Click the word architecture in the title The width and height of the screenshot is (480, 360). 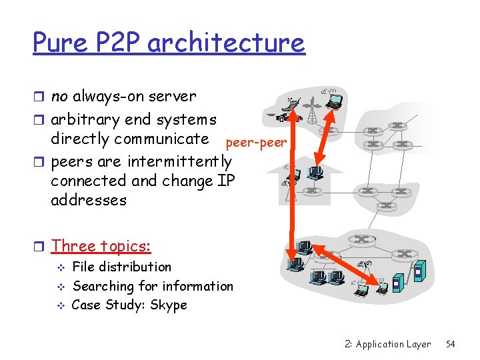coord(226,43)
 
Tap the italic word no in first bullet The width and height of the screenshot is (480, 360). coord(59,96)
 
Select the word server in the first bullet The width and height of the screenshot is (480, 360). coord(173,96)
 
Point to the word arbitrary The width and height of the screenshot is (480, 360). coord(89,120)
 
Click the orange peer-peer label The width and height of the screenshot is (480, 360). coord(257,143)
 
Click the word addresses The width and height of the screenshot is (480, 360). coord(88,200)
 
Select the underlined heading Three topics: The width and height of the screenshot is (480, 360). coord(101,245)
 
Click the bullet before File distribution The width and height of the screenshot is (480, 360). coord(60,267)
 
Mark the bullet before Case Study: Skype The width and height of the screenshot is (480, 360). coord(60,305)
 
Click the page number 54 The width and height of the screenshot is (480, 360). coord(450,344)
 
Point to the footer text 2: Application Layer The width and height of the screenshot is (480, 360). coord(388,344)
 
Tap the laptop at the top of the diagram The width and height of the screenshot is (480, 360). coord(333,99)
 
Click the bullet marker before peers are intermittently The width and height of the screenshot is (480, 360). coord(40,162)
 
